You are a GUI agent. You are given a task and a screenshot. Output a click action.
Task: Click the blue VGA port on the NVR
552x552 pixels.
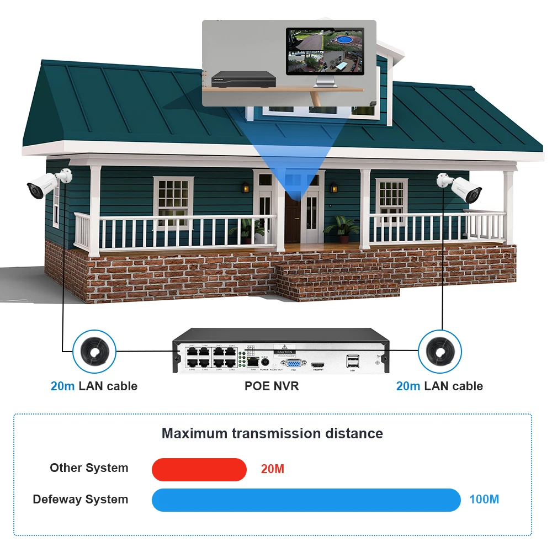tap(293, 363)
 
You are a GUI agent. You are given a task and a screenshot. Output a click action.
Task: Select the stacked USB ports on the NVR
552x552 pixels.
tap(352, 361)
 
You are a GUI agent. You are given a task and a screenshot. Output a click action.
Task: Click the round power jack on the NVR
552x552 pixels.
tap(264, 361)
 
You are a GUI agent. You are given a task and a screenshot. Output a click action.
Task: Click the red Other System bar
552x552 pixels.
tap(199, 469)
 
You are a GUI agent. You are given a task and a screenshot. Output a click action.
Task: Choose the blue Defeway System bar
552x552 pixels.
tap(306, 500)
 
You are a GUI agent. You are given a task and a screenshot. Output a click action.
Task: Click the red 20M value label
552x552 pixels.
tap(272, 469)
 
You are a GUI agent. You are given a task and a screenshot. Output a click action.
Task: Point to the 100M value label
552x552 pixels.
tap(484, 500)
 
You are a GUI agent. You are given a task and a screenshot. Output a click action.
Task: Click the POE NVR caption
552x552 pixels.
tap(272, 386)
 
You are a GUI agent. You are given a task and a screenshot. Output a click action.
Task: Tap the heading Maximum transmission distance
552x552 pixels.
tap(272, 433)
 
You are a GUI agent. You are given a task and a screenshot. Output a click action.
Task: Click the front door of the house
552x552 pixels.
tap(293, 218)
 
